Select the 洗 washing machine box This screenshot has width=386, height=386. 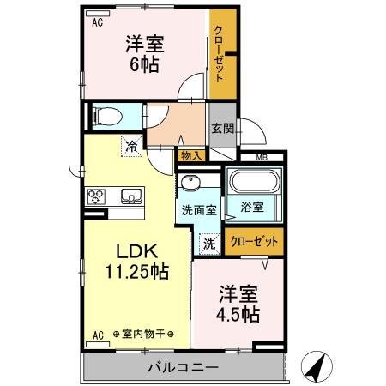pyautogui.click(x=209, y=243)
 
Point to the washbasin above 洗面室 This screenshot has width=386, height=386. pyautogui.click(x=190, y=184)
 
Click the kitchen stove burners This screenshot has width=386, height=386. pyautogui.click(x=96, y=196)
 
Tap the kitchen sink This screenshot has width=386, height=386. pyautogui.click(x=131, y=195)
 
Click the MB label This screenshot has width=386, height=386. pyautogui.click(x=260, y=157)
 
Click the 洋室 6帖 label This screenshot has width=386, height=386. pyautogui.click(x=144, y=53)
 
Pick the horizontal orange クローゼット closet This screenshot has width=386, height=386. pyautogui.click(x=255, y=242)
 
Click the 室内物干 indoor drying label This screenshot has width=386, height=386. pyautogui.click(x=143, y=334)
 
